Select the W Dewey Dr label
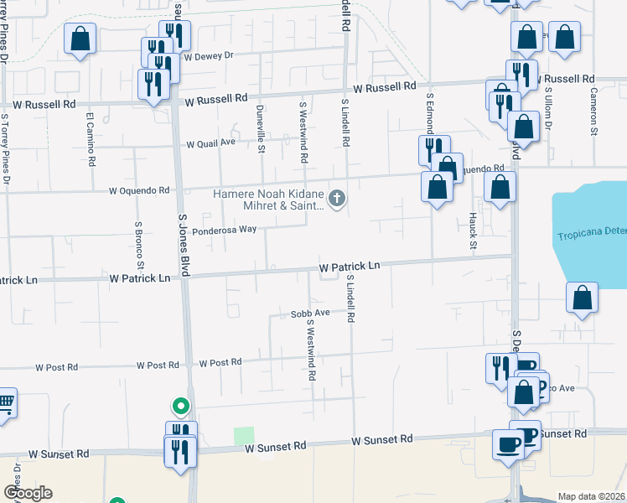(x=208, y=57)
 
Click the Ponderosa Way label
(x=224, y=230)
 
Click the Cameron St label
(x=593, y=111)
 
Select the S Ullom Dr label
(x=549, y=109)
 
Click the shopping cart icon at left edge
(x=5, y=403)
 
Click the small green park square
(x=244, y=437)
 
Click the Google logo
(x=28, y=493)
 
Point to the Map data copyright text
(x=592, y=496)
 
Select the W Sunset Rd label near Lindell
(x=382, y=439)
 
